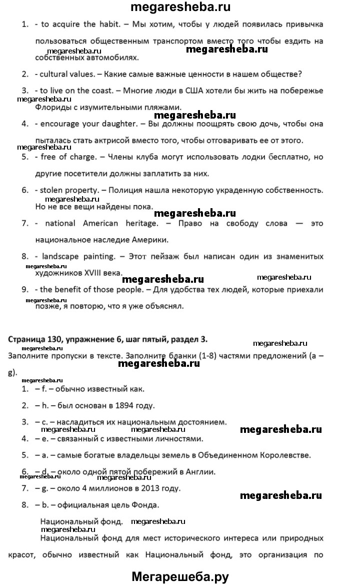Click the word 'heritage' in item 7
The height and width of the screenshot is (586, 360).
coord(140,223)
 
